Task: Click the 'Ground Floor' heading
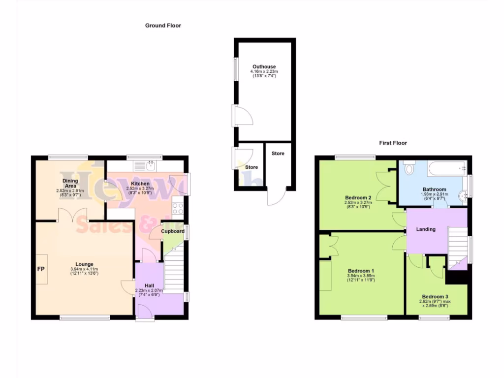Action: coord(163,25)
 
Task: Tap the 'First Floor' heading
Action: coord(393,143)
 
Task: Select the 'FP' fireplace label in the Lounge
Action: coord(41,269)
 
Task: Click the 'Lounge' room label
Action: coord(84,264)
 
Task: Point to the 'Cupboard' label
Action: coord(173,231)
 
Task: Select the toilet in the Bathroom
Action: coord(409,169)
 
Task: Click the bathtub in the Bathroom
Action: coord(447,169)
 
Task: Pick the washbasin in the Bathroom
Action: coord(463,197)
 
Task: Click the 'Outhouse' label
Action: coord(264,66)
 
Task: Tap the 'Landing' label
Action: coord(426,229)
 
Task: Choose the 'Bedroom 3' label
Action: coord(435,296)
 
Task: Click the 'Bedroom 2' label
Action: coord(358,197)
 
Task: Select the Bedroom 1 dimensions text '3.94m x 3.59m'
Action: coord(361,276)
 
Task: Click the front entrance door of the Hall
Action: coord(145,313)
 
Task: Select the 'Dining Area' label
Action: coord(70,183)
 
